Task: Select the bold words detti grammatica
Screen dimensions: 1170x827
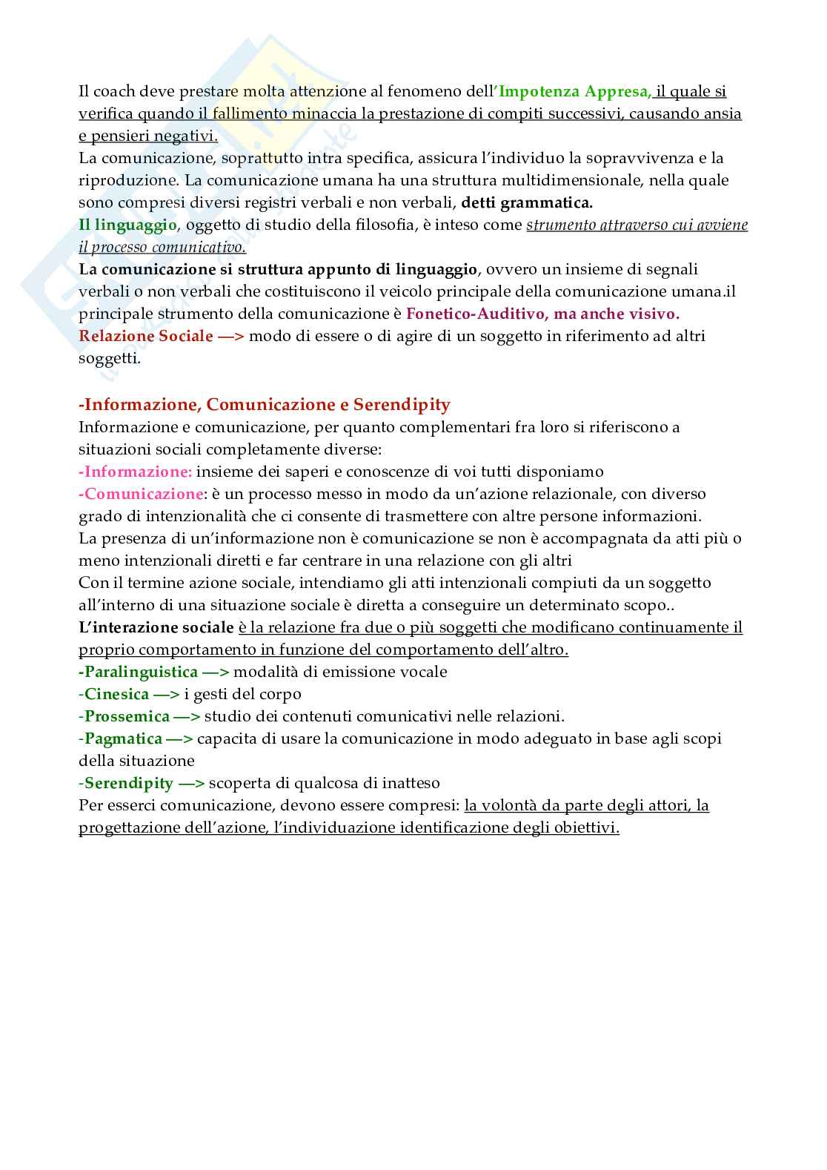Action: [527, 202]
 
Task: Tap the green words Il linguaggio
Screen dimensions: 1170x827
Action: [128, 225]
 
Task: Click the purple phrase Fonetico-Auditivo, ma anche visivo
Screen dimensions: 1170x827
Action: [542, 314]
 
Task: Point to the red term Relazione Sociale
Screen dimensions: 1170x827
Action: [146, 336]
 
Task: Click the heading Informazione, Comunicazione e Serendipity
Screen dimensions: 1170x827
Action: [265, 405]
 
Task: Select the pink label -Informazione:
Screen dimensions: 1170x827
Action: [136, 472]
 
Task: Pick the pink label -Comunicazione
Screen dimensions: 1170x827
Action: [141, 494]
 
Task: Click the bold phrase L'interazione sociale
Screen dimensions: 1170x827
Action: [156, 627]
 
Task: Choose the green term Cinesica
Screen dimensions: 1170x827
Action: [116, 694]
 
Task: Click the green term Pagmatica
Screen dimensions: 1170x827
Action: [123, 738]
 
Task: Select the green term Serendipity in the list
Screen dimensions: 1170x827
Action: [128, 783]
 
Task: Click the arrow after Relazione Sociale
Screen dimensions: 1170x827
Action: [230, 336]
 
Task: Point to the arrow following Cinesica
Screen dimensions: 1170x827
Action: [166, 694]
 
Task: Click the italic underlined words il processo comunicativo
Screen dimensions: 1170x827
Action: [162, 247]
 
